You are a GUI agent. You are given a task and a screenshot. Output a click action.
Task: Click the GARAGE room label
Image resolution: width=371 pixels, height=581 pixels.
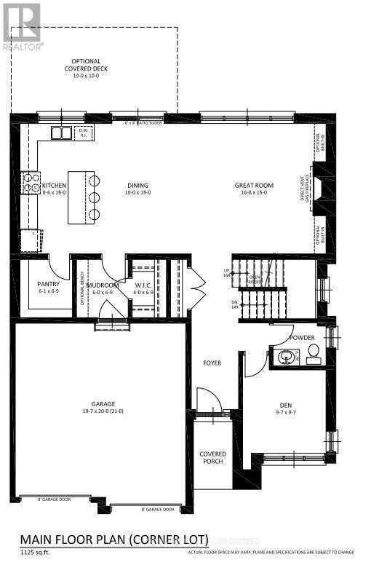pyautogui.click(x=103, y=406)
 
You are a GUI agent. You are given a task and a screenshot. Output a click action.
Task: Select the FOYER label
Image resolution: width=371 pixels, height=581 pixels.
pyautogui.click(x=212, y=363)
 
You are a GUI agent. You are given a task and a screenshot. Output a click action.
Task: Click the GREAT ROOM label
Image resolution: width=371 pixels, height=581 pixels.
pyautogui.click(x=254, y=186)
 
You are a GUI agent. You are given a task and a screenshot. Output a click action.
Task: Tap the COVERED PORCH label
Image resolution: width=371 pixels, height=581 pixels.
pyautogui.click(x=212, y=458)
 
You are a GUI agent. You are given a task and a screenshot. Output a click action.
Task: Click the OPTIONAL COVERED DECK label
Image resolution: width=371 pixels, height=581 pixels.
pyautogui.click(x=86, y=66)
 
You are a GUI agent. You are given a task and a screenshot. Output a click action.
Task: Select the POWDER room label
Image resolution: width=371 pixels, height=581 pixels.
pyautogui.click(x=302, y=339)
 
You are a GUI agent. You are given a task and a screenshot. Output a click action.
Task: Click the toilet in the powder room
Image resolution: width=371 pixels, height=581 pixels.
pyautogui.click(x=313, y=355)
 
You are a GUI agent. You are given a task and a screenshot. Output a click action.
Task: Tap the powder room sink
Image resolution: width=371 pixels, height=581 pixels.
pyautogui.click(x=285, y=357)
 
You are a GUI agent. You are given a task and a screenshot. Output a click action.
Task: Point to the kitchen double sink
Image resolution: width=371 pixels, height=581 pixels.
pyautogui.click(x=60, y=133)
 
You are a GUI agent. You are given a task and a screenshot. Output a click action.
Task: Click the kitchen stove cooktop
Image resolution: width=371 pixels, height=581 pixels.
pyautogui.click(x=31, y=183)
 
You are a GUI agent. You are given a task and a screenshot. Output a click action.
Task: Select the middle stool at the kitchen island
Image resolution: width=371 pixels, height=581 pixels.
pyautogui.click(x=94, y=197)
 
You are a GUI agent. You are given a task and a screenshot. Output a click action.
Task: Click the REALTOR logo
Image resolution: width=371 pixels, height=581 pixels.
pyautogui.click(x=23, y=25)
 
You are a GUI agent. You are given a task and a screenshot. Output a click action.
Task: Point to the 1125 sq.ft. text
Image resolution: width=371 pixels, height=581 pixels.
pyautogui.click(x=34, y=552)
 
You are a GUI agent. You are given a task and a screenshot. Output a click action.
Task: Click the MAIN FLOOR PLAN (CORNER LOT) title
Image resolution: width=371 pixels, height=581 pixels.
pyautogui.click(x=113, y=539)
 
